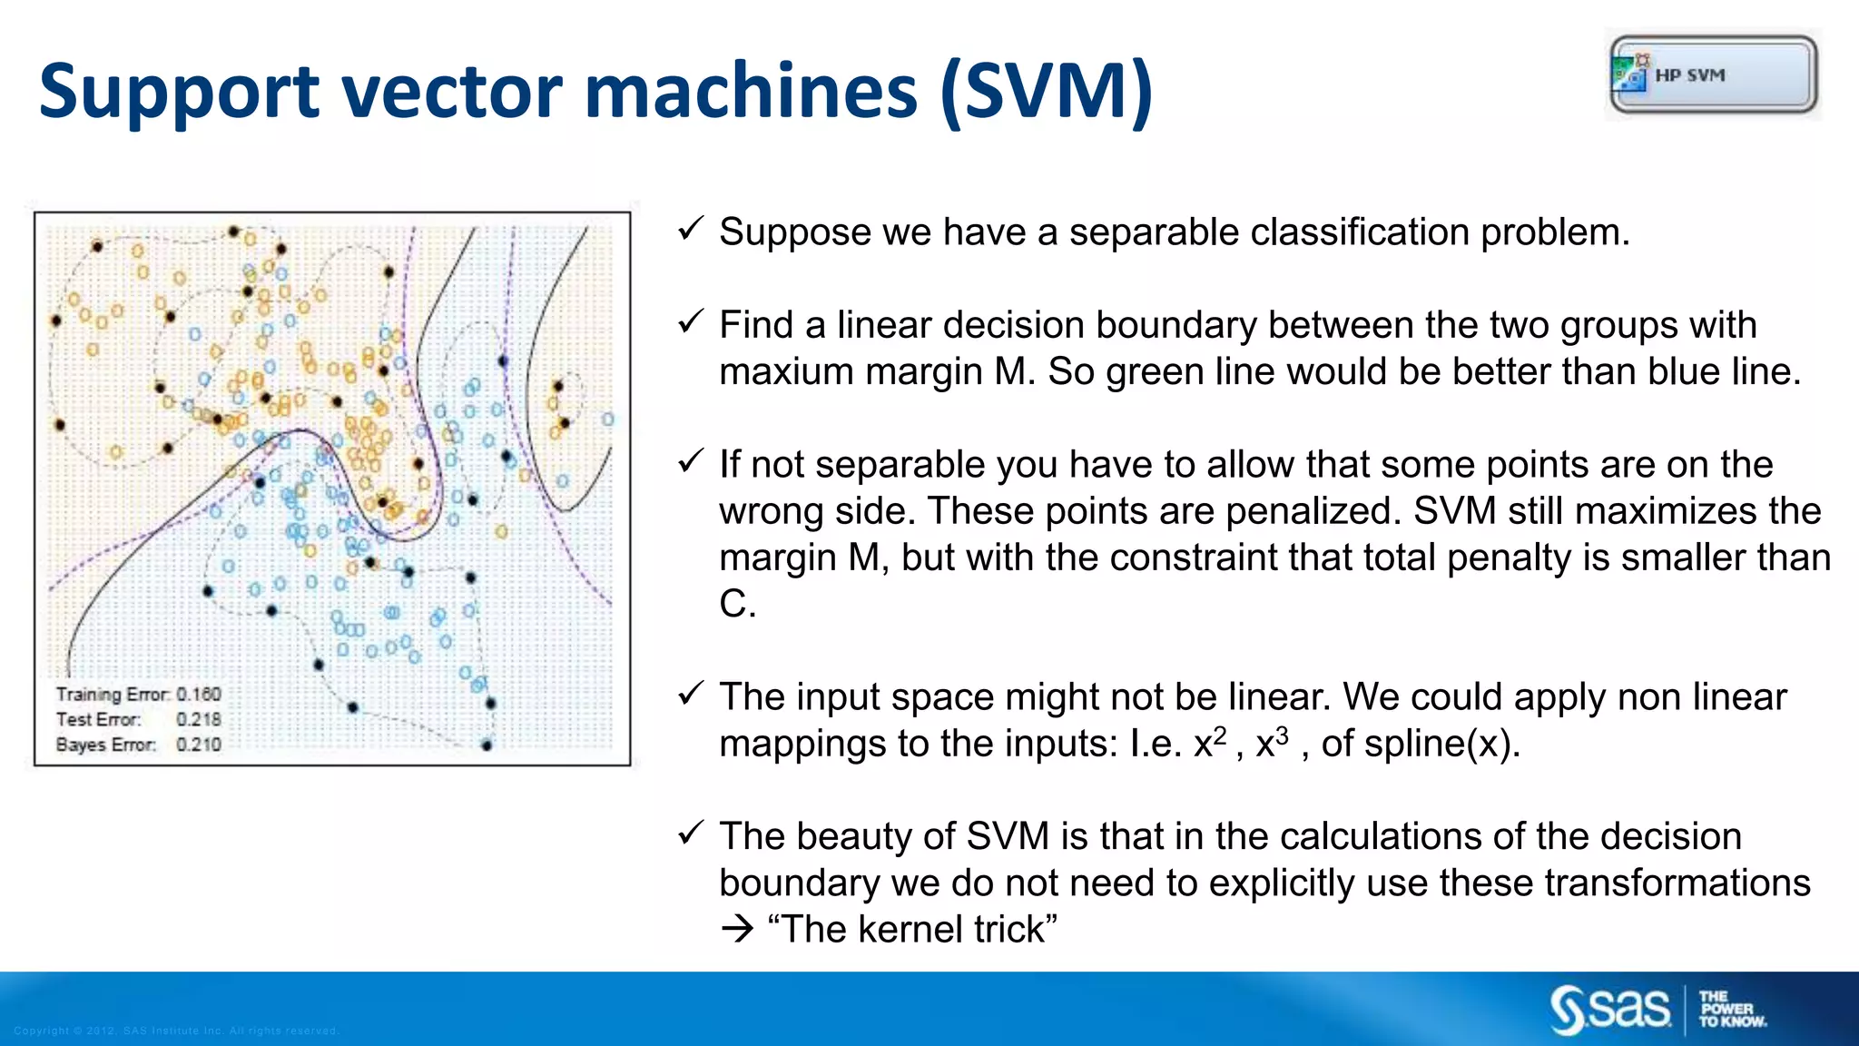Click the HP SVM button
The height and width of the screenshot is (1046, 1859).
pyautogui.click(x=1714, y=74)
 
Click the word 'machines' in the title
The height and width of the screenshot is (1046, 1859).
pyautogui.click(x=751, y=93)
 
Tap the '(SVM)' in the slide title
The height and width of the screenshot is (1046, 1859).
pyautogui.click(x=1047, y=93)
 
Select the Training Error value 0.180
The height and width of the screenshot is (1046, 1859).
pyautogui.click(x=199, y=695)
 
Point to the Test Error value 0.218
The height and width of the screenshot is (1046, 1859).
pyautogui.click(x=199, y=720)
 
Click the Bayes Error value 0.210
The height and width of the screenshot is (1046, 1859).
pyautogui.click(x=199, y=745)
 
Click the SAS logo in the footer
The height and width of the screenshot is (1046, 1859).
pyautogui.click(x=1610, y=1009)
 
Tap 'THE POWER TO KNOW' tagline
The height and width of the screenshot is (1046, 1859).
pyautogui.click(x=1731, y=1010)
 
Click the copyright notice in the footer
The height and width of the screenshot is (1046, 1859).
pyautogui.click(x=176, y=1031)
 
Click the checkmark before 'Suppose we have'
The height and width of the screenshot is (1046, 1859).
pyautogui.click(x=692, y=229)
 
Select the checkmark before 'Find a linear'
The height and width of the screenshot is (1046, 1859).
pyautogui.click(x=692, y=321)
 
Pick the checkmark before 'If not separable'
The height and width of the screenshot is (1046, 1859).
pyautogui.click(x=692, y=461)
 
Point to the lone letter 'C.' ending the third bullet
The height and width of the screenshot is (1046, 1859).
pyautogui.click(x=737, y=605)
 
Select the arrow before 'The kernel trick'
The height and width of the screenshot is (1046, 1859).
pyautogui.click(x=737, y=929)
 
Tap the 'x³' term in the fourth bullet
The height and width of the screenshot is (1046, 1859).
pyautogui.click(x=1272, y=743)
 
